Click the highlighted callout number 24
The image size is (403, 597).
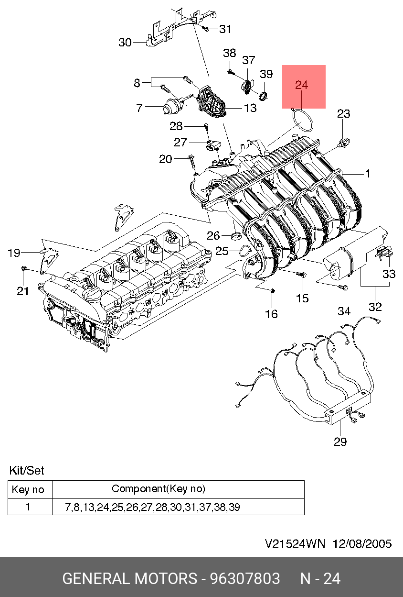click(302, 85)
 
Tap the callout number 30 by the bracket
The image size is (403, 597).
click(125, 43)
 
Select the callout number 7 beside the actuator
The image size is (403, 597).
click(139, 108)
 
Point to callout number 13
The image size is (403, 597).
click(250, 108)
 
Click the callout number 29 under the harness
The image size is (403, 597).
click(340, 442)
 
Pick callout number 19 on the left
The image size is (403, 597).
click(14, 253)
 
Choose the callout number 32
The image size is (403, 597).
click(375, 306)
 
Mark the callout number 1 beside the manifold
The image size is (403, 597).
click(368, 174)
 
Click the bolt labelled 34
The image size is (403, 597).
click(341, 287)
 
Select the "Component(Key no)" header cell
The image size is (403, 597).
click(159, 489)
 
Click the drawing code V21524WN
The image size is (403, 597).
click(295, 544)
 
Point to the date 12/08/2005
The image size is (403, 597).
click(362, 544)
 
